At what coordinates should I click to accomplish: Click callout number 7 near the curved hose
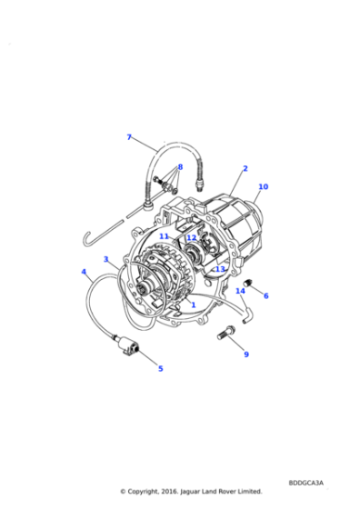(x=129, y=137)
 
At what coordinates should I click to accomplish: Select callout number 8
(x=180, y=167)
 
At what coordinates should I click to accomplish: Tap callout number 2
(x=245, y=168)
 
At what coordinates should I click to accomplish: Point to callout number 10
(x=264, y=186)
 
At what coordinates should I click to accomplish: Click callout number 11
(x=164, y=236)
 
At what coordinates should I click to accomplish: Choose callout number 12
(x=192, y=238)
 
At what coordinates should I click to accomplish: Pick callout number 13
(x=220, y=269)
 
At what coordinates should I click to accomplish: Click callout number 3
(x=105, y=259)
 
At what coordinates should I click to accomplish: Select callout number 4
(x=84, y=272)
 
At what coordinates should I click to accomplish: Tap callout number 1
(x=194, y=304)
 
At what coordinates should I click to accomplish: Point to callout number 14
(x=240, y=291)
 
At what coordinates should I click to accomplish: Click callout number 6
(x=265, y=295)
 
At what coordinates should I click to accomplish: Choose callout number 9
(x=246, y=354)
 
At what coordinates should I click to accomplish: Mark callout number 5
(x=160, y=369)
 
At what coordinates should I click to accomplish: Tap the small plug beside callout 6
(x=250, y=283)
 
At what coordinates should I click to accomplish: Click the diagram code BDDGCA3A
(x=305, y=483)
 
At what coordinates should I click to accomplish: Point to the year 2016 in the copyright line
(x=169, y=492)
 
